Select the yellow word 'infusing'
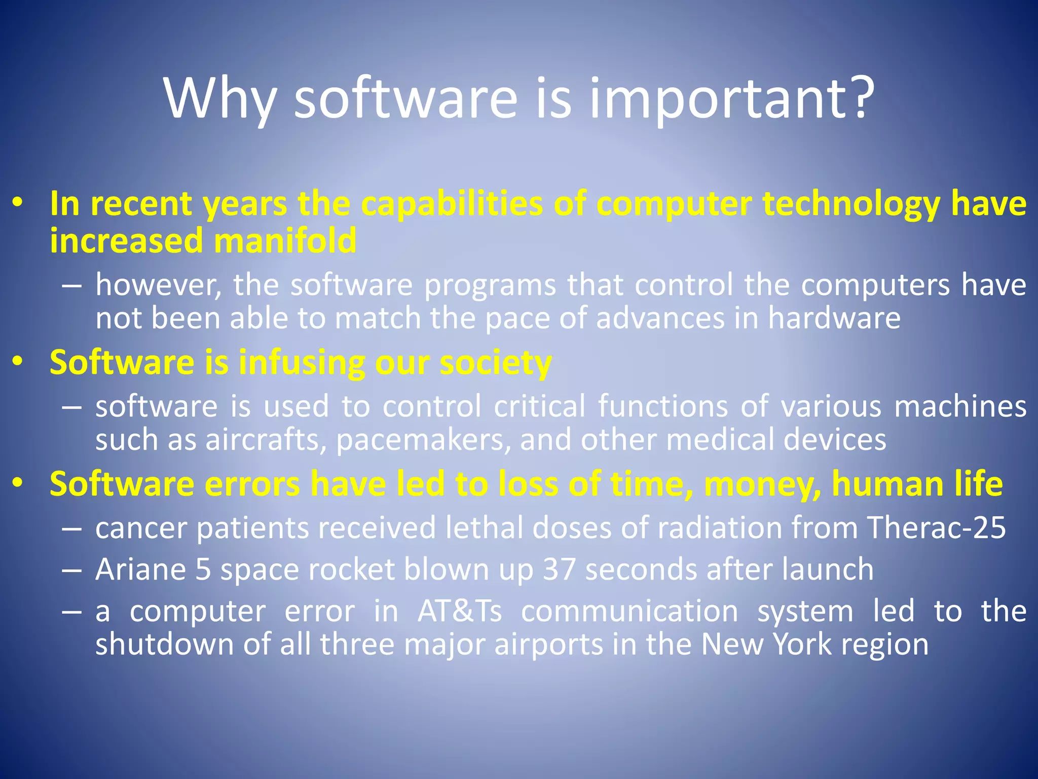click(x=302, y=363)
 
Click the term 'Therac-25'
click(x=936, y=527)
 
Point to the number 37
click(x=559, y=569)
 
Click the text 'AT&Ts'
click(x=460, y=611)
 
